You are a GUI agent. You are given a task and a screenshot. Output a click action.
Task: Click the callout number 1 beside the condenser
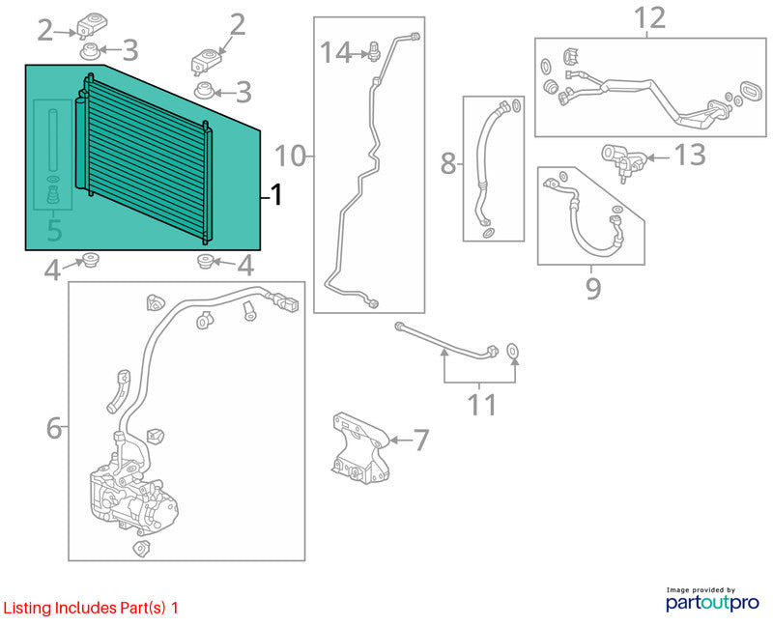point(277,195)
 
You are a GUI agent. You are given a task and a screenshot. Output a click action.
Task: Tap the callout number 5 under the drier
point(54,230)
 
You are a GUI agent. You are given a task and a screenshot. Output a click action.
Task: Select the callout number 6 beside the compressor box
point(54,428)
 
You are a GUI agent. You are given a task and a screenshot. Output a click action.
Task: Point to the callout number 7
point(420,440)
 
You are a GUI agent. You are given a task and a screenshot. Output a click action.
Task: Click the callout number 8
point(447,163)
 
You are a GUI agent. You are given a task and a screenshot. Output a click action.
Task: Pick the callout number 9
point(593,288)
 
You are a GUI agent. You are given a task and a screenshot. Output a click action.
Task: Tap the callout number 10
point(291,156)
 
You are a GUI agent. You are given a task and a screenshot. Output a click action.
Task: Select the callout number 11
point(481,405)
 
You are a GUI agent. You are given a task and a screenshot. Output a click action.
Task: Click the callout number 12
point(649,18)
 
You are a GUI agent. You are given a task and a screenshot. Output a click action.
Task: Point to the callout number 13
point(689,155)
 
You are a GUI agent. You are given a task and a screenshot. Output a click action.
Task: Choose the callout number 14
point(336,52)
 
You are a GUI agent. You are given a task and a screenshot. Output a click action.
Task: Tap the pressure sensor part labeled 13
point(623,161)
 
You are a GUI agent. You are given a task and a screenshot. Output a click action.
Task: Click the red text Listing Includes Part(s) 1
point(91,608)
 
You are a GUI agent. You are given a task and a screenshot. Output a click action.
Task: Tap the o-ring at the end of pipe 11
point(513,351)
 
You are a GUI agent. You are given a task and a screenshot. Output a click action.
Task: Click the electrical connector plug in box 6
point(287,302)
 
